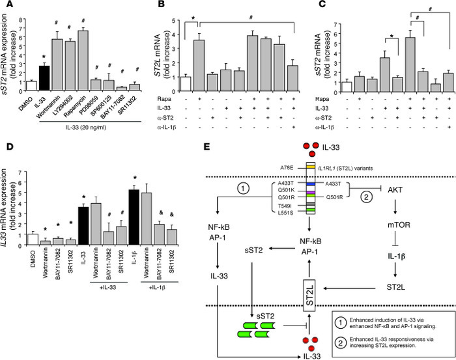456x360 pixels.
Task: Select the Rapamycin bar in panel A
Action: click(83, 59)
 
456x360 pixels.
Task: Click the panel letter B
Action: click(161, 7)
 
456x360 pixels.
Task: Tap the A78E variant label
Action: click(317, 186)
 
